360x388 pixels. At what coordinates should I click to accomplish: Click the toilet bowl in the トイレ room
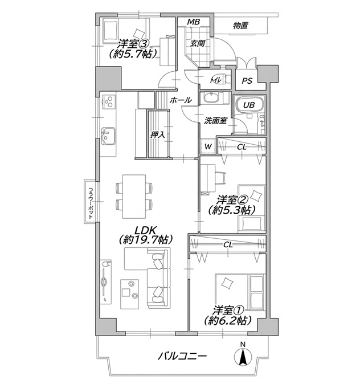222,79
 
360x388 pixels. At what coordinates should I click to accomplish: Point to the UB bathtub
249,105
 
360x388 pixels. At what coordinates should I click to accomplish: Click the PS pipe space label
247,81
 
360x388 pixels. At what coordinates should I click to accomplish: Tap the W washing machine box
208,146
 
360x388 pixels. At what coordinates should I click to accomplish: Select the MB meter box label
194,22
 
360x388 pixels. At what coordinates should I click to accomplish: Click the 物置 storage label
240,26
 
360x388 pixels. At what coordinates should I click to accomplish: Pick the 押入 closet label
158,135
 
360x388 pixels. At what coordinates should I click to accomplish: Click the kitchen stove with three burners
108,101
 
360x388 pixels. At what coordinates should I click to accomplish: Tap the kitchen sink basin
108,136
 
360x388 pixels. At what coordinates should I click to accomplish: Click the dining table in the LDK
134,197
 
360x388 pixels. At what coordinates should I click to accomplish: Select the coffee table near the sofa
130,294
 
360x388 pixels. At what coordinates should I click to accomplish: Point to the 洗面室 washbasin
211,98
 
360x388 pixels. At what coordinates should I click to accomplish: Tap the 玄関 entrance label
198,43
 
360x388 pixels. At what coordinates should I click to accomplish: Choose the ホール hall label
181,100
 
